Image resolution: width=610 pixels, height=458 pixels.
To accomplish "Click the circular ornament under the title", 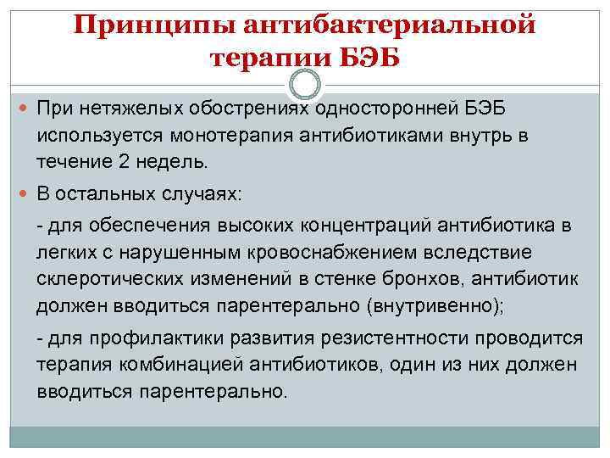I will pos(305,86).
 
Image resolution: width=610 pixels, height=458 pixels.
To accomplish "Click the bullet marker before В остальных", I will pos(24,194).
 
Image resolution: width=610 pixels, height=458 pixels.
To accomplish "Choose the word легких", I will pos(64,253).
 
